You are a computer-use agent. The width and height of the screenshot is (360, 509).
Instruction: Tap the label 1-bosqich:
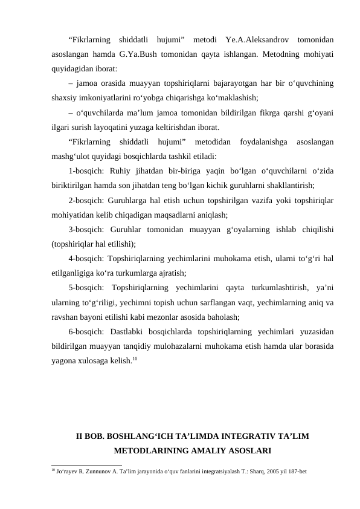[x=90, y=170]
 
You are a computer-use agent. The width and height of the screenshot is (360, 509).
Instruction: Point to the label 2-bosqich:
[x=90, y=199]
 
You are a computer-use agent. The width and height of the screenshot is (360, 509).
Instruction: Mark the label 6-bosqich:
[x=90, y=332]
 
